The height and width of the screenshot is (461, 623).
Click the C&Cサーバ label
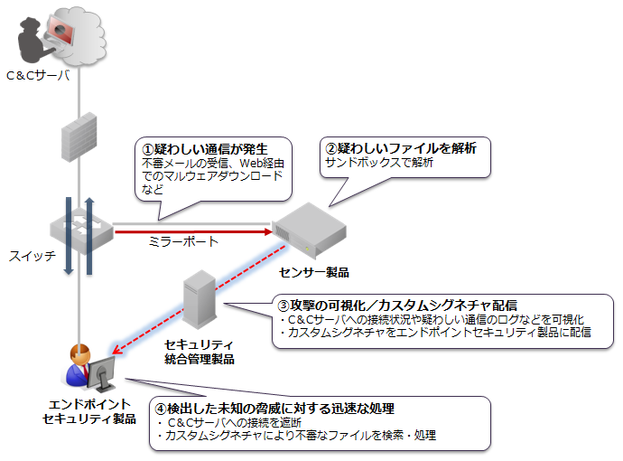tap(38, 75)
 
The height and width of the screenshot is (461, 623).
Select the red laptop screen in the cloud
tap(60, 30)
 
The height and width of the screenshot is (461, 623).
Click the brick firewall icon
tap(79, 137)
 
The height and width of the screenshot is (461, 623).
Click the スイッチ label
tap(33, 256)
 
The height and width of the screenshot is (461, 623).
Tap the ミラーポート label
tap(183, 241)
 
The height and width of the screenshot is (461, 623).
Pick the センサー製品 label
tap(314, 272)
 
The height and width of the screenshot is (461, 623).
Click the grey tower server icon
tap(200, 299)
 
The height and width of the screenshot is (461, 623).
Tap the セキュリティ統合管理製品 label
tap(200, 352)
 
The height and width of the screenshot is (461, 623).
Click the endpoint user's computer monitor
tap(101, 374)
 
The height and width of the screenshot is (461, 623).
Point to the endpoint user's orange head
tap(79, 355)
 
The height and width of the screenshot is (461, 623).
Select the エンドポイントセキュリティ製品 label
tap(89, 411)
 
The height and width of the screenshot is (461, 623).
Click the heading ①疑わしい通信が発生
tap(205, 149)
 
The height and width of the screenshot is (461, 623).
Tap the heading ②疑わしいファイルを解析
tap(401, 148)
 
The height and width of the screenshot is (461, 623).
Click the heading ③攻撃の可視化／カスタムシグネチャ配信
tap(397, 306)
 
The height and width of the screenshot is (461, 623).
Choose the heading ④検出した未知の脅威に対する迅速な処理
tap(274, 408)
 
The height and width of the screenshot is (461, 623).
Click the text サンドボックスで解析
tap(379, 163)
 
